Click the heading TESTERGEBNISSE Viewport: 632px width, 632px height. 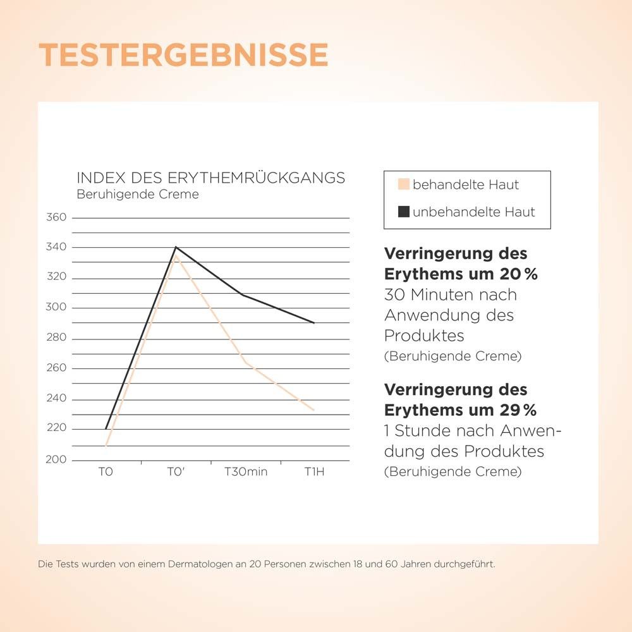tap(183, 56)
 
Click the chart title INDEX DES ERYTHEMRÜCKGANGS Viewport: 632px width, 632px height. tap(210, 178)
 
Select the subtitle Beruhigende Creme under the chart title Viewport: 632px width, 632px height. tap(137, 195)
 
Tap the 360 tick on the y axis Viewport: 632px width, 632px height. tap(56, 217)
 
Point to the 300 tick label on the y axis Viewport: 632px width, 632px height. tap(56, 308)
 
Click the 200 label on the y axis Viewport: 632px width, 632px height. tap(56, 459)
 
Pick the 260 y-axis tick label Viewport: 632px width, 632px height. tap(56, 368)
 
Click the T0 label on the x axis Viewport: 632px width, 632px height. tap(106, 472)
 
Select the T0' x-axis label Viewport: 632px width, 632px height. tap(176, 472)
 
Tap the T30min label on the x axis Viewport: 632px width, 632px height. tap(245, 472)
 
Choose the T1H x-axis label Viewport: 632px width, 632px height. tap(314, 472)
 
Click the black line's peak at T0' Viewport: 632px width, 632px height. tap(176, 247)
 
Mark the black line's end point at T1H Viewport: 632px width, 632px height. tap(314, 323)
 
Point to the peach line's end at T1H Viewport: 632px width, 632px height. tap(314, 411)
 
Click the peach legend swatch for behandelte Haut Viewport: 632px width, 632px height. tap(403, 185)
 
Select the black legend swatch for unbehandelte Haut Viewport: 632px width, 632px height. tap(403, 212)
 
